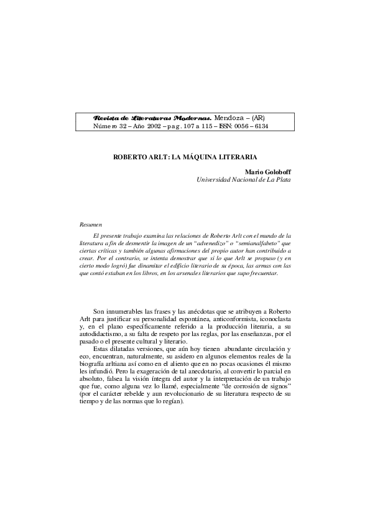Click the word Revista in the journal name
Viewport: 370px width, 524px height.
point(106,118)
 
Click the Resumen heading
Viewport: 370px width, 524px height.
point(91,223)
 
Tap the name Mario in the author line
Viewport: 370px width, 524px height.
point(256,172)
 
